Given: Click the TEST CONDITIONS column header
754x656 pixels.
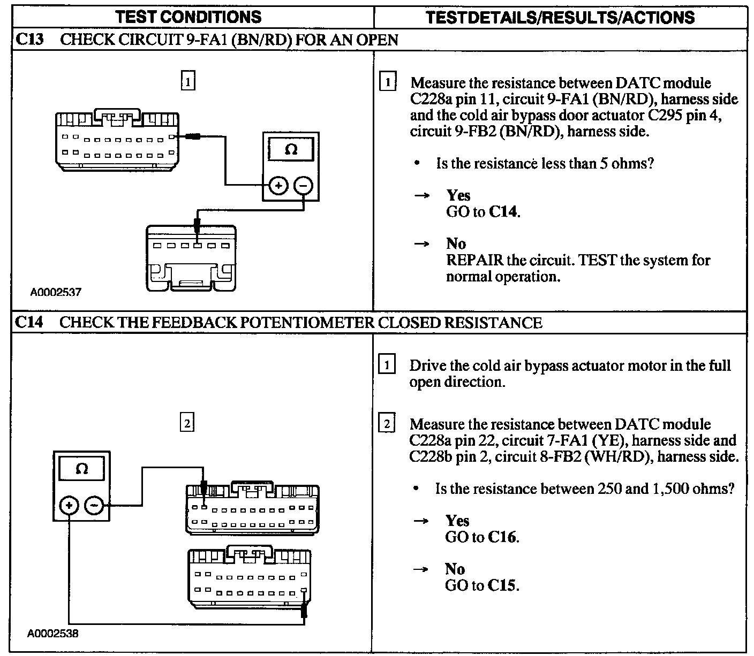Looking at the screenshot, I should point(189,17).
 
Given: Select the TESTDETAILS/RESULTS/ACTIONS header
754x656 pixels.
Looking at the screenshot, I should point(560,17).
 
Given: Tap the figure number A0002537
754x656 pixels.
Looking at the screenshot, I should point(56,292).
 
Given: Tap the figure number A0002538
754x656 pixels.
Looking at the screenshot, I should point(53,634).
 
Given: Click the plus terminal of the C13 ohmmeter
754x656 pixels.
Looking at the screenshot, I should point(278,185).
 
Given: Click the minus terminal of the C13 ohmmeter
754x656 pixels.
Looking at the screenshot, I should point(303,185).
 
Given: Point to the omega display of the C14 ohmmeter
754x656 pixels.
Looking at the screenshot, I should point(82,469).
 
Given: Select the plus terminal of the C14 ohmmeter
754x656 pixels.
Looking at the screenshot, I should point(69,505).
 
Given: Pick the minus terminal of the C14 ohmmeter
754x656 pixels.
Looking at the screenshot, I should point(94,505).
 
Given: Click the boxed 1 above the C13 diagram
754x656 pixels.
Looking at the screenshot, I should point(187,82).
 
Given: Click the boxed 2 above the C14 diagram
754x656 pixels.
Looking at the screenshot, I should point(186,423).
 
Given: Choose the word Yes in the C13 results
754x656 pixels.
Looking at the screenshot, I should point(458,195).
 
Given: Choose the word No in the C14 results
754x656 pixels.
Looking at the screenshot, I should point(455,569).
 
